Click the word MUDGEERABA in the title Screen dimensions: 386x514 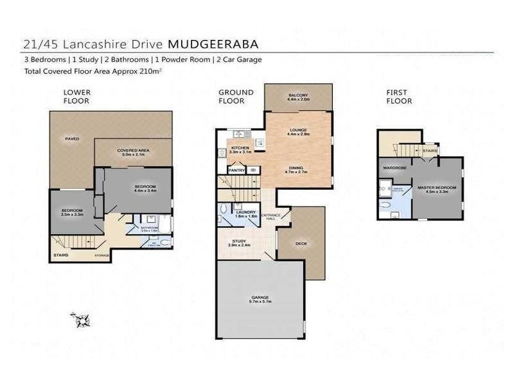coord(214,44)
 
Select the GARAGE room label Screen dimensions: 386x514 coord(260,297)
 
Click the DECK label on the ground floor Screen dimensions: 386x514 coord(300,243)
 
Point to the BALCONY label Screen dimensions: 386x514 coord(298,96)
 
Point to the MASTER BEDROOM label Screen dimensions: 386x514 coord(437,187)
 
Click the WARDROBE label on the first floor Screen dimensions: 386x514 coord(393,167)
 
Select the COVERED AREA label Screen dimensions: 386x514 coord(133,151)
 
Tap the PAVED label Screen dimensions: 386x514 coord(71,138)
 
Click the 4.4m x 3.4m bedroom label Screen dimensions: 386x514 coord(145,187)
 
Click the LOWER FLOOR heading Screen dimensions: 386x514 coord(76,96)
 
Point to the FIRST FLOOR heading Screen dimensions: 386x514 coord(399,96)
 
